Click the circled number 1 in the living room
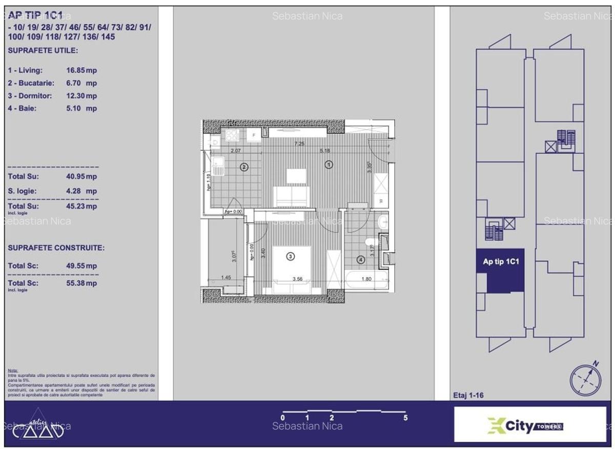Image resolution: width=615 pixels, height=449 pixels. click(329, 165)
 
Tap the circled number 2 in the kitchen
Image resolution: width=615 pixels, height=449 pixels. click(244, 167)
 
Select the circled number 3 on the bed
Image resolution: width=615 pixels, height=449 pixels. click(290, 256)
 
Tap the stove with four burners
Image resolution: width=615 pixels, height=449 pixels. click(232, 135)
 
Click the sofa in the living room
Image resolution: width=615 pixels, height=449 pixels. click(292, 195)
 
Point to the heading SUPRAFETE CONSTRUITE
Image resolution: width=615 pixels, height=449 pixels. click(56, 248)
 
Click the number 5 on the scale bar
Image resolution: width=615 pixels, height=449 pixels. click(405, 418)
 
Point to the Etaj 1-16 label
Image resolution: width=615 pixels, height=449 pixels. click(468, 395)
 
